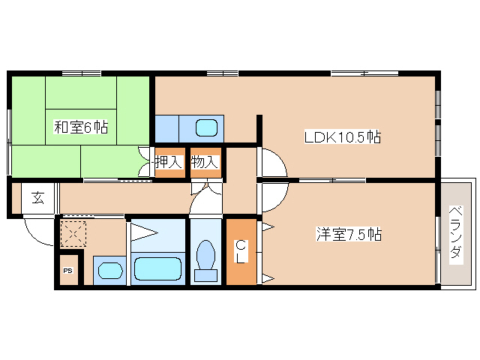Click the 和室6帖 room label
(80, 127)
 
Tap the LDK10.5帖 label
(342, 137)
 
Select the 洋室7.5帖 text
(348, 235)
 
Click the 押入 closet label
(169, 162)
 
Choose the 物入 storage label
(204, 162)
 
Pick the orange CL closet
(241, 250)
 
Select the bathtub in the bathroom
(157, 268)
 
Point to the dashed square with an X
(73, 232)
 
